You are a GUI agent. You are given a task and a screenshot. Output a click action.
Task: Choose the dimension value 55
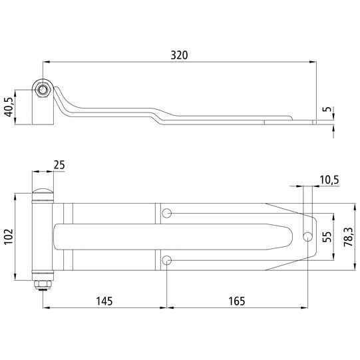[x=326, y=237]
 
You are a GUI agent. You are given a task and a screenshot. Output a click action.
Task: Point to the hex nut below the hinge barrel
[x=43, y=285]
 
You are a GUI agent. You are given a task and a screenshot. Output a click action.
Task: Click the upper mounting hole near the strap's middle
[x=167, y=214]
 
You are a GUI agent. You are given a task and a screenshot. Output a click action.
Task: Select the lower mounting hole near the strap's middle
[x=167, y=261]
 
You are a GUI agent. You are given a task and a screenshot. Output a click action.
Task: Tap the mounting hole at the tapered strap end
[x=307, y=236]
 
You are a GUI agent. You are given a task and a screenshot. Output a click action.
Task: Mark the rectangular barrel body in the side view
[x=43, y=110]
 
